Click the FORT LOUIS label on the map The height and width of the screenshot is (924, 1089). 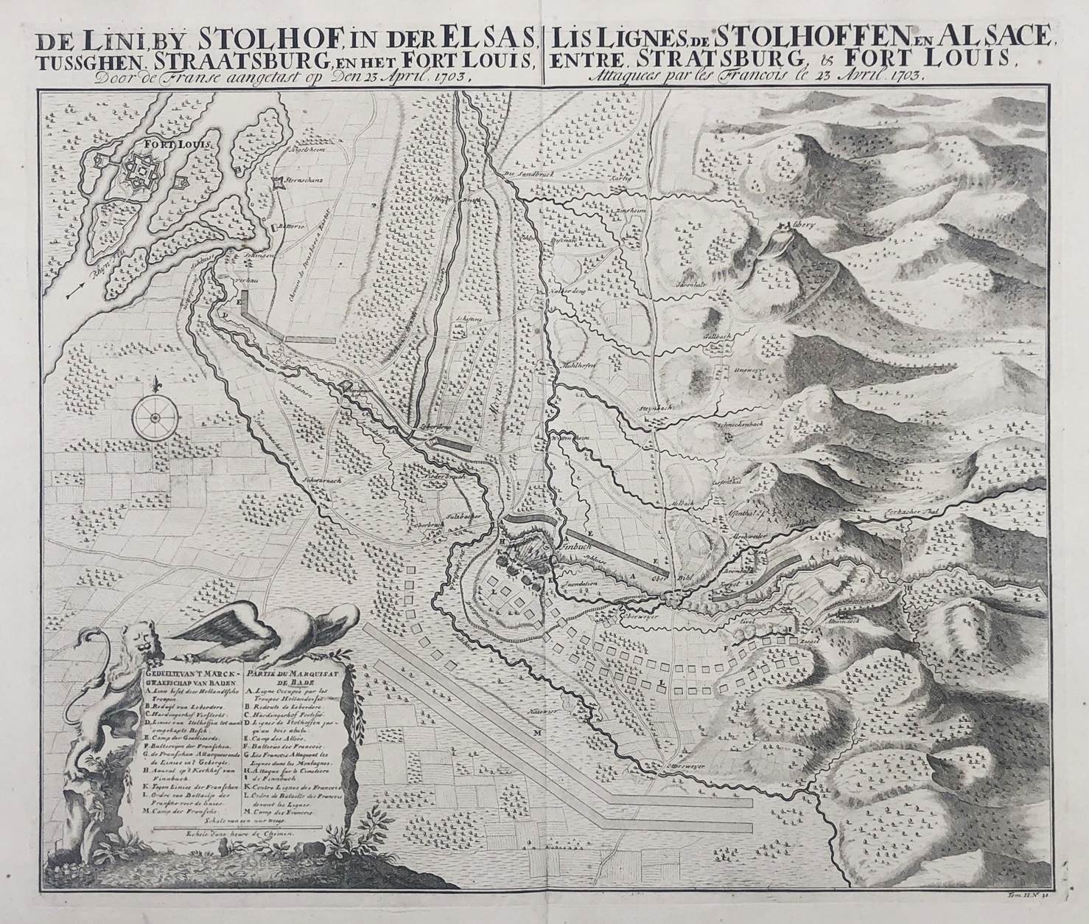[x=167, y=145]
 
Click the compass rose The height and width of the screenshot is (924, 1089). [x=155, y=417]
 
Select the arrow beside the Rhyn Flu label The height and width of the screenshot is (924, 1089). [x=76, y=294]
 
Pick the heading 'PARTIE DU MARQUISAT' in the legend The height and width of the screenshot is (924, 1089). [x=290, y=674]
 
